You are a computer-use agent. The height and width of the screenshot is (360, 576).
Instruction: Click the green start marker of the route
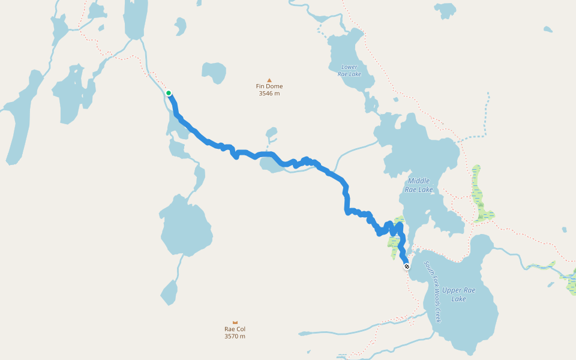[x=169, y=93]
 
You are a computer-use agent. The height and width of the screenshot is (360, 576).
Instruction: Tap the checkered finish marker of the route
[x=407, y=266]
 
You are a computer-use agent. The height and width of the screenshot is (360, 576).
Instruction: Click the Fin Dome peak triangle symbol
[x=269, y=80]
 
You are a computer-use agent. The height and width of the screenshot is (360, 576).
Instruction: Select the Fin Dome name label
[x=269, y=86]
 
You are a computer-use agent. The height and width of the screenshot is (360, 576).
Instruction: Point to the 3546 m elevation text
[x=269, y=94]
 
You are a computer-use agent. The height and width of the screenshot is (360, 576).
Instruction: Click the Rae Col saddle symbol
[x=235, y=322]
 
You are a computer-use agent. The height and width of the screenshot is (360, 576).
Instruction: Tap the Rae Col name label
[x=235, y=329]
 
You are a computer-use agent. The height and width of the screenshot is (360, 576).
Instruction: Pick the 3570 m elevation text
[x=235, y=337]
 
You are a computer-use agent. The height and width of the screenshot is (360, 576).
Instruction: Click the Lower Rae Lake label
[x=350, y=70]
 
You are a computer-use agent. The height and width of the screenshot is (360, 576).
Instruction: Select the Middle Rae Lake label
[x=419, y=185]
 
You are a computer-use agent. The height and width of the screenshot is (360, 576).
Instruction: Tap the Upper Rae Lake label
[x=459, y=294]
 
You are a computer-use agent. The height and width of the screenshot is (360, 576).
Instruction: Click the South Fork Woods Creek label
[x=433, y=292]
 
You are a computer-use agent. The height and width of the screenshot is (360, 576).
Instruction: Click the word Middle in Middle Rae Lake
[x=419, y=181]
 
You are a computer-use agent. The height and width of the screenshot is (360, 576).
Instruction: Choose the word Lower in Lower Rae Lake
[x=350, y=67]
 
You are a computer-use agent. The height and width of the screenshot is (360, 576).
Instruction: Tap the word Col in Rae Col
[x=241, y=329]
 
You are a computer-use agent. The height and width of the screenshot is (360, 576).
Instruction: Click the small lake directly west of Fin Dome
[x=214, y=72]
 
